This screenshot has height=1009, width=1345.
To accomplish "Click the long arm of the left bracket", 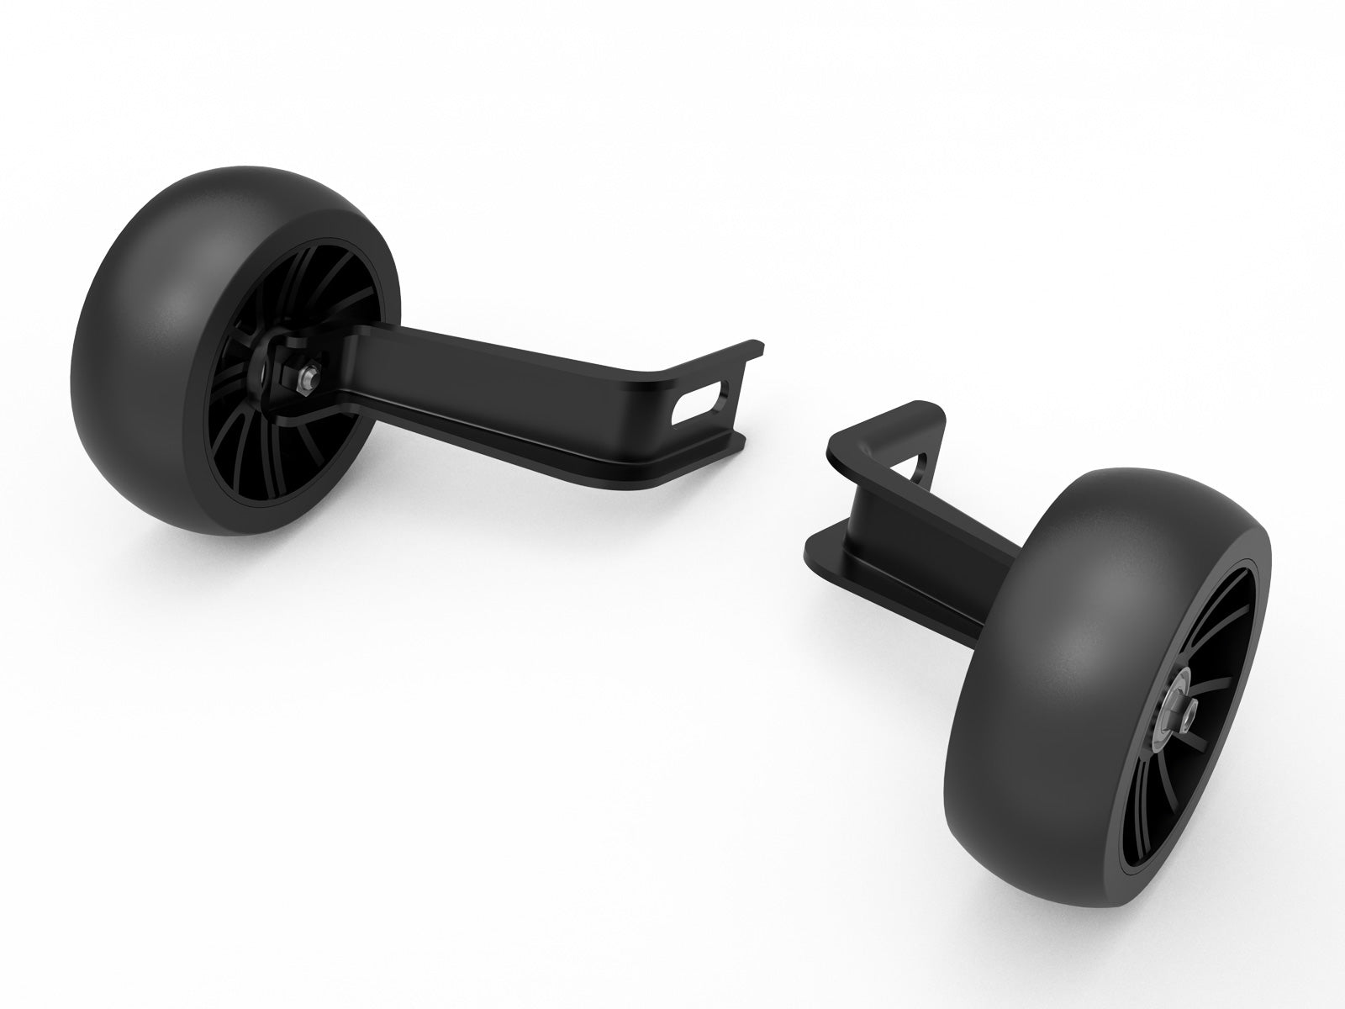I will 504,370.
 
